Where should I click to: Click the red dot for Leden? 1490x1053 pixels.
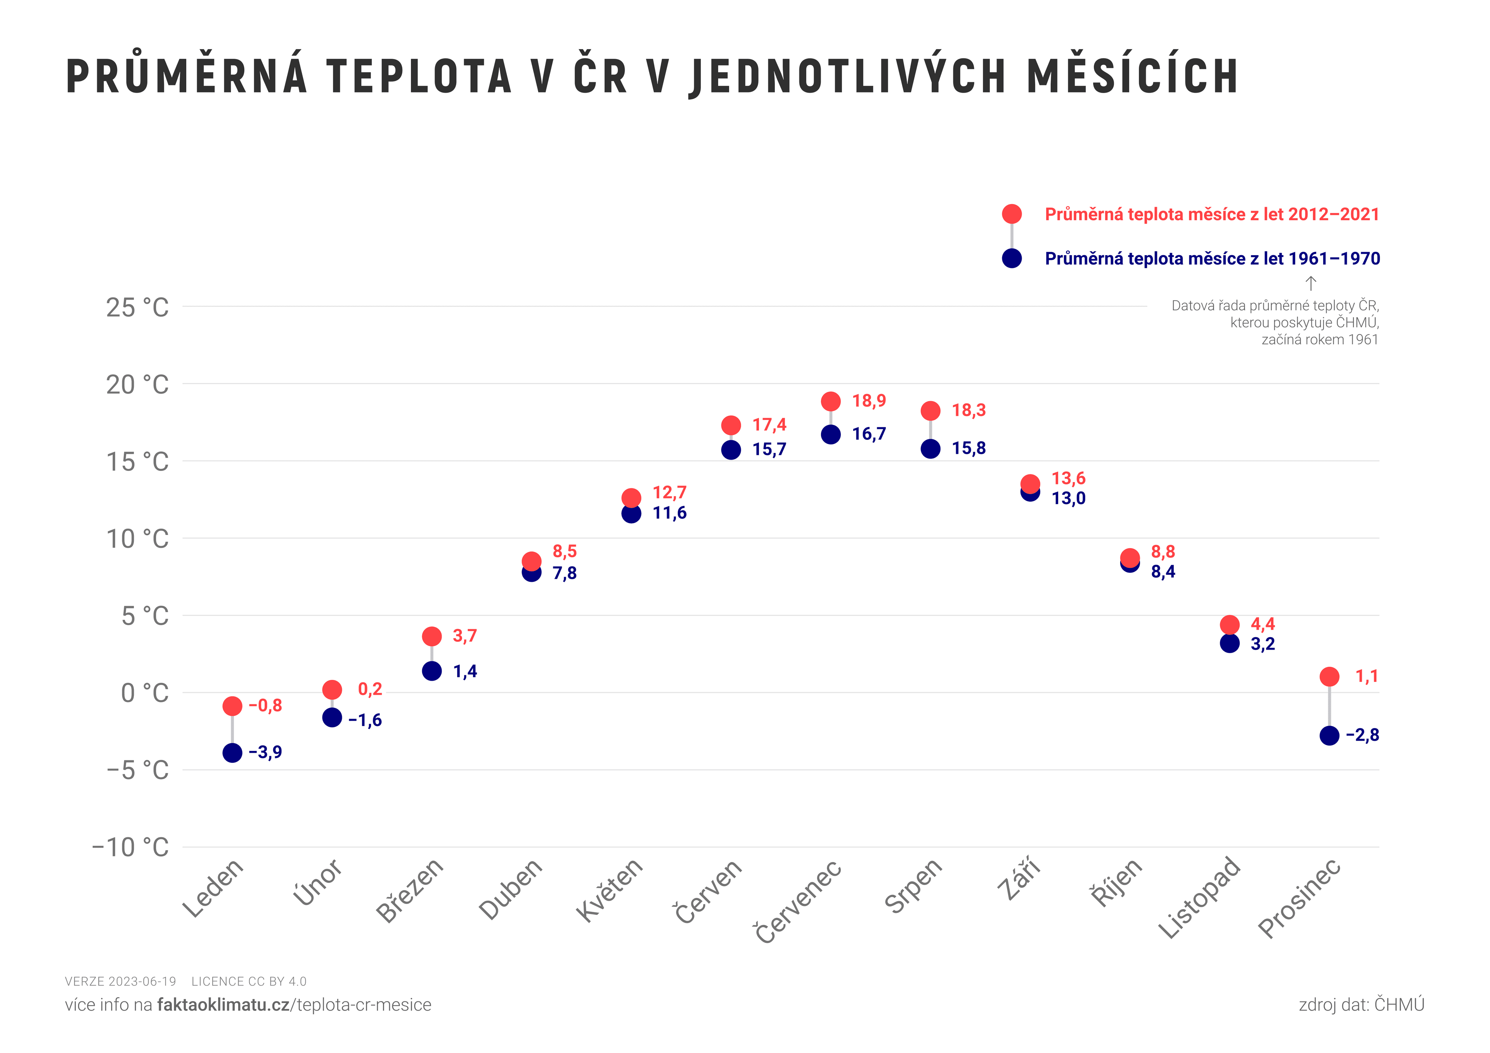pos(232,706)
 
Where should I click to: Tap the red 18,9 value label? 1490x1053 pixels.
pos(868,401)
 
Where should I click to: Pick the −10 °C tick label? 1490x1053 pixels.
pos(130,847)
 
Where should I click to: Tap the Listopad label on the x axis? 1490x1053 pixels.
pos(1199,898)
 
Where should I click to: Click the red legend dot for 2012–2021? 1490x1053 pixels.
pos(1012,214)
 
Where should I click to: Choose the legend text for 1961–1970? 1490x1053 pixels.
pos(1212,259)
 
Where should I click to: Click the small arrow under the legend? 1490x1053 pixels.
pos(1310,284)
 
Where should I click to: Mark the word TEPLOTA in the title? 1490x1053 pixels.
pos(419,76)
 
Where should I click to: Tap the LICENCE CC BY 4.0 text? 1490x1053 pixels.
pos(249,982)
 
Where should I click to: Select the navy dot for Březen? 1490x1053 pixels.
pos(431,671)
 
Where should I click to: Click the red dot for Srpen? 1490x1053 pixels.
pos(930,411)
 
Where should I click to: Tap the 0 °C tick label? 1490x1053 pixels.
pos(144,693)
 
